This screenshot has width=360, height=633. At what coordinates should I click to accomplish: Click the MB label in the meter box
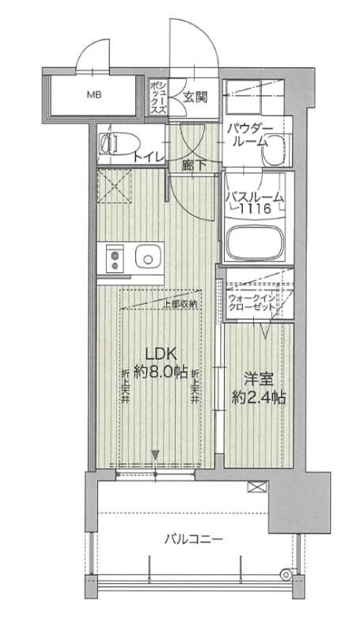[94, 97]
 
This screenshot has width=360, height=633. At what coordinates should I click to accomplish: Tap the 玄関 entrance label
[195, 98]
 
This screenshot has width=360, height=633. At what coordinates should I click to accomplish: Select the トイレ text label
[149, 157]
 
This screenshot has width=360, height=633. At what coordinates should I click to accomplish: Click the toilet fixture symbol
[115, 145]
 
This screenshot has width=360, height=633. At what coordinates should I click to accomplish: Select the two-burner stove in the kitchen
[114, 258]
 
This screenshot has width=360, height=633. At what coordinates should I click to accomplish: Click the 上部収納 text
[180, 304]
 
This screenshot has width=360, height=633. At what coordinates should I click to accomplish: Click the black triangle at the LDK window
[156, 455]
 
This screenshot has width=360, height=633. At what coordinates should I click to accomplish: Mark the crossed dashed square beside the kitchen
[112, 186]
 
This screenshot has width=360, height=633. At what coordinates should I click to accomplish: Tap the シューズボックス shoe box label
[158, 99]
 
